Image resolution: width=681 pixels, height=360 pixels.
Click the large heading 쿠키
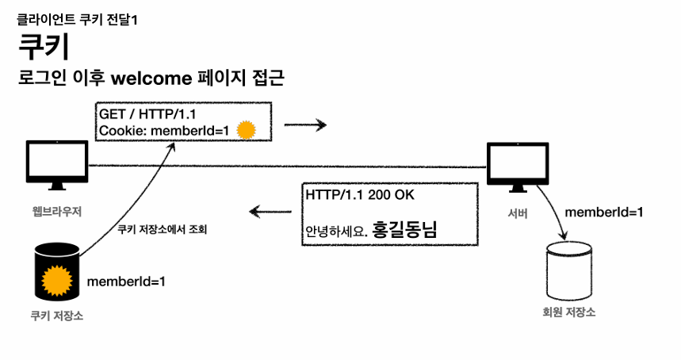pyautogui.click(x=43, y=47)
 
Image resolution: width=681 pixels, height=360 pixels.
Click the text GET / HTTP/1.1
pyautogui.click(x=141, y=115)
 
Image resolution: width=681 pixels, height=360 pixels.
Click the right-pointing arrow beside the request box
pyautogui.click(x=305, y=125)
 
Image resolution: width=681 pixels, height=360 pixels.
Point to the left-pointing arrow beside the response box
pyautogui.click(x=270, y=212)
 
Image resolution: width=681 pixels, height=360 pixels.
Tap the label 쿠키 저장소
pyautogui.click(x=56, y=316)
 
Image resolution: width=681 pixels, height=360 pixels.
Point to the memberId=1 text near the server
pyautogui.click(x=603, y=213)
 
